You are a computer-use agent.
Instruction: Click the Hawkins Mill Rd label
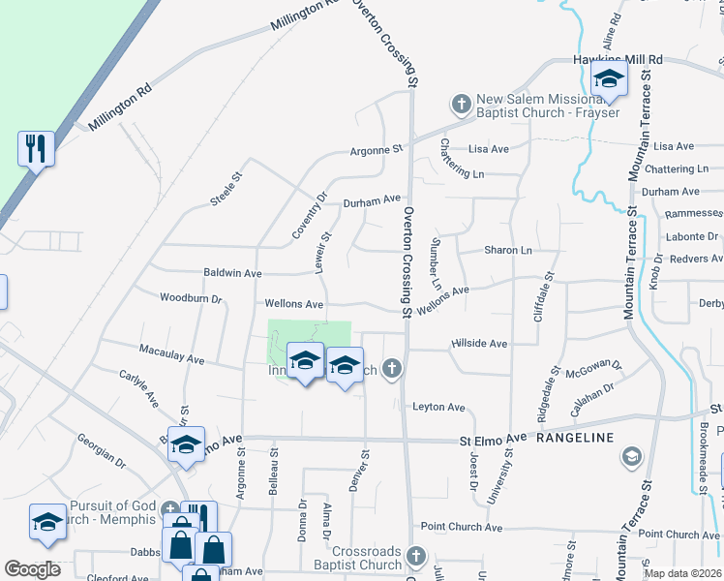pos(616,60)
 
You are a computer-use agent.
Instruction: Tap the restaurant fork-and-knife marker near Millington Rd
pos(36,148)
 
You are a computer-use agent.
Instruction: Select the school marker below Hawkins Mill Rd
pos(610,80)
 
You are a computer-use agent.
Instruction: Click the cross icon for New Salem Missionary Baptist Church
pos(462,103)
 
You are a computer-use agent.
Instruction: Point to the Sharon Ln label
pos(508,250)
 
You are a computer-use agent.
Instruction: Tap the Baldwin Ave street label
pos(232,274)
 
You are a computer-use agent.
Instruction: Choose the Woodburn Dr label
pos(191,298)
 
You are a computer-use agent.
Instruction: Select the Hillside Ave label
pos(479,344)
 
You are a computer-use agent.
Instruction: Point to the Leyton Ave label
pos(438,408)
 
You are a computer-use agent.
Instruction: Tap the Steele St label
pos(225,189)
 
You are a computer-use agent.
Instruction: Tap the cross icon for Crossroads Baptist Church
pos(416,556)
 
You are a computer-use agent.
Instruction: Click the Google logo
pos(32,569)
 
